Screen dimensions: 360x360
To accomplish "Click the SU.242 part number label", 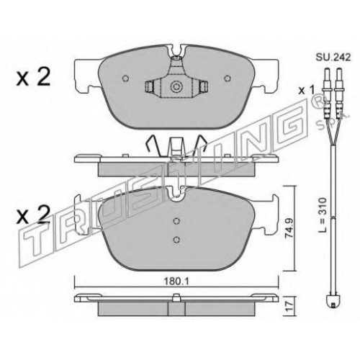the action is coord(333,57).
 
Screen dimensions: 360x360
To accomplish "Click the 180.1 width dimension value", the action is coord(176,282).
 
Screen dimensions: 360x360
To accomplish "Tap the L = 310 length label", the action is coord(323,215).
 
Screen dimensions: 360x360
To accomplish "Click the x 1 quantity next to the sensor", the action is coord(306,91).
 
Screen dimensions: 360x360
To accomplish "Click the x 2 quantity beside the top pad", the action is coord(33,77).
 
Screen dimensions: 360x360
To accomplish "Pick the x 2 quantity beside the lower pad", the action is coord(33,215).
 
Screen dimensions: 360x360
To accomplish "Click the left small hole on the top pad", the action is coord(125,78).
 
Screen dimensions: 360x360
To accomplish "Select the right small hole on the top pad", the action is coord(227,78).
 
